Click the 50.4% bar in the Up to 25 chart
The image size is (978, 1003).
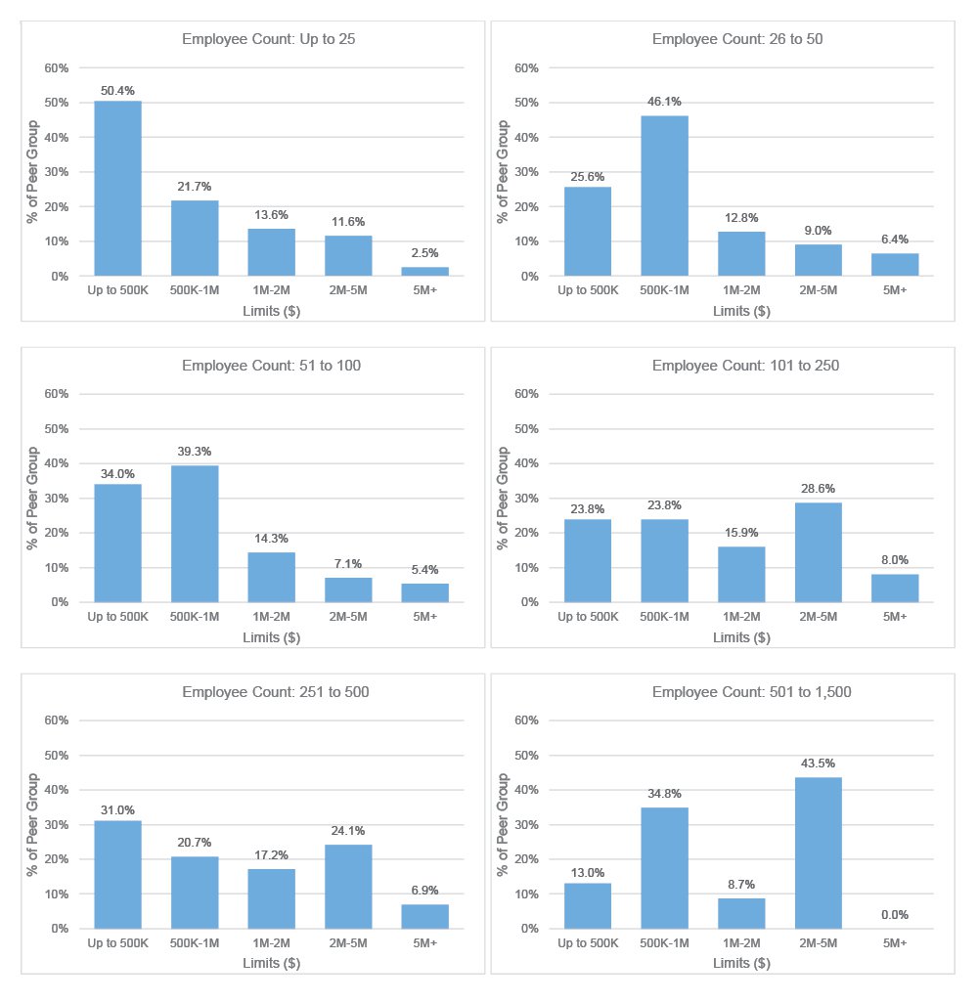click(x=117, y=189)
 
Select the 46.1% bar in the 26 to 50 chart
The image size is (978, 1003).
click(x=664, y=196)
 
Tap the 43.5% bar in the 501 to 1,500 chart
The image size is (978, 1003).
click(x=819, y=852)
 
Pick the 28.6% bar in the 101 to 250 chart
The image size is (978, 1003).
click(x=819, y=552)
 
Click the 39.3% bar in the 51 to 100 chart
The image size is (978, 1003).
click(x=195, y=534)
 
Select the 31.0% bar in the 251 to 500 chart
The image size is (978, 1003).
click(x=117, y=874)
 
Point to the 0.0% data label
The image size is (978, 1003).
click(x=895, y=915)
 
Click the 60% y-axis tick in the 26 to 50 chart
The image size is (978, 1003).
click(x=527, y=68)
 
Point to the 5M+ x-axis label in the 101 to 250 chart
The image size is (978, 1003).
click(x=895, y=616)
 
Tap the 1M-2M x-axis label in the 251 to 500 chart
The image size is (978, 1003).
click(x=271, y=942)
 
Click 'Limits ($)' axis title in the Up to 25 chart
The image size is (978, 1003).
click(x=271, y=311)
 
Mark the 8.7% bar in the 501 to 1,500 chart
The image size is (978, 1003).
click(x=741, y=913)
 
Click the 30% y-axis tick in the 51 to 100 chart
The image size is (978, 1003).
click(x=57, y=499)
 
